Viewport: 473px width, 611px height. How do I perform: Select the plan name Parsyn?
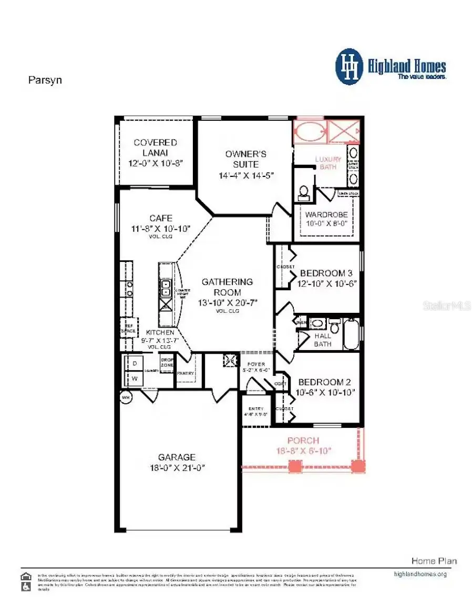click(x=45, y=81)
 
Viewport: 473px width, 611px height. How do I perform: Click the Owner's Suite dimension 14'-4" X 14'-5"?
click(x=246, y=175)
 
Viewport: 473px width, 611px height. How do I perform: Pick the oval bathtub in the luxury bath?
click(x=309, y=131)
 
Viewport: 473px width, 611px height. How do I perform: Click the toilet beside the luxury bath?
click(x=303, y=193)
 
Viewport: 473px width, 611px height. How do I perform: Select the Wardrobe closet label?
click(x=326, y=214)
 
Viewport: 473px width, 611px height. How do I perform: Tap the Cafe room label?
click(x=161, y=218)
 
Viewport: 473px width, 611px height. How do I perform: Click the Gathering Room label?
click(x=227, y=287)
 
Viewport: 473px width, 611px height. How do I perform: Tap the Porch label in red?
click(x=303, y=440)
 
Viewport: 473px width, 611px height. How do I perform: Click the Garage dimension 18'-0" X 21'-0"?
click(x=178, y=467)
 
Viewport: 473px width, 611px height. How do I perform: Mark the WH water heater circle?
click(x=126, y=397)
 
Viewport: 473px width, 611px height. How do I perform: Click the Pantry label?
click(x=185, y=373)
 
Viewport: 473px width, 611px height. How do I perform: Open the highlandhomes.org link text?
click(x=420, y=574)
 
